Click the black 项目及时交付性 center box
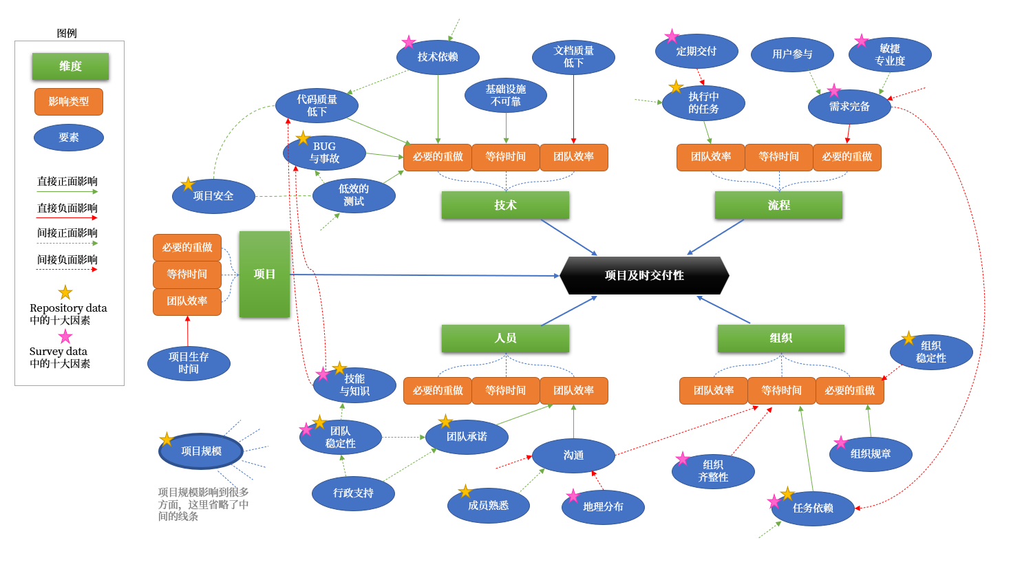click(x=644, y=275)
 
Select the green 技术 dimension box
click(x=505, y=205)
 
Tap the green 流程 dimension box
click(x=778, y=205)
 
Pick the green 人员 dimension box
click(x=505, y=338)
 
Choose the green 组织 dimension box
click(x=780, y=338)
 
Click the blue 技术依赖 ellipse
click(x=438, y=56)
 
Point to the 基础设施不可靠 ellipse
click(x=506, y=95)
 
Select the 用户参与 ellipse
click(x=792, y=54)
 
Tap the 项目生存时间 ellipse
click(x=189, y=363)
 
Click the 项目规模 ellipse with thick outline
click(x=201, y=451)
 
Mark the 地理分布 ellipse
click(x=603, y=506)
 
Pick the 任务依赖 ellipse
click(x=813, y=508)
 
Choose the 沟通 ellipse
click(x=573, y=455)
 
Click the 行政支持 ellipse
click(x=353, y=493)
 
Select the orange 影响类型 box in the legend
click(x=69, y=101)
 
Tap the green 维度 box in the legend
click(x=70, y=66)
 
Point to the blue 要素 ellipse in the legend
click(x=69, y=137)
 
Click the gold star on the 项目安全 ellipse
click(x=187, y=184)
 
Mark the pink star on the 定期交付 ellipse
click(x=672, y=36)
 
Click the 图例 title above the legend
click(x=67, y=33)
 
